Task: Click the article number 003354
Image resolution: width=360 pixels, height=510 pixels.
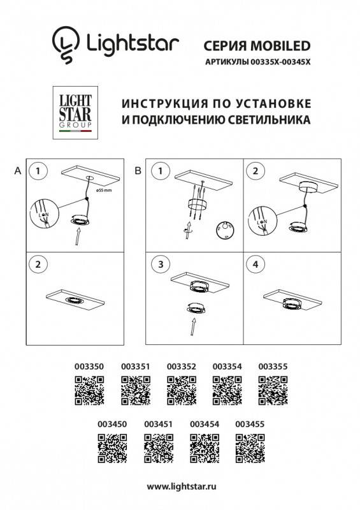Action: tap(226, 367)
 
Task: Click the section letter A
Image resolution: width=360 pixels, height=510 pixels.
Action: tap(17, 171)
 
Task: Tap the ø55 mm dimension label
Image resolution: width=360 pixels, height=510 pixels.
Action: tap(104, 190)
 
